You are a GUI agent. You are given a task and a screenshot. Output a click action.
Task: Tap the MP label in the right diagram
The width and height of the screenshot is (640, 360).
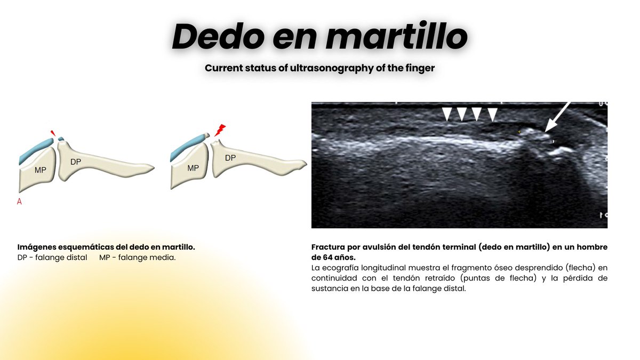193,167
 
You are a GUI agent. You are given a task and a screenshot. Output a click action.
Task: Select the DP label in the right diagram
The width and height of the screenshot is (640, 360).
230,158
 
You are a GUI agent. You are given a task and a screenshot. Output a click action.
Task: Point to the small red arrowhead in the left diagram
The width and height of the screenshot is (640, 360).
52,132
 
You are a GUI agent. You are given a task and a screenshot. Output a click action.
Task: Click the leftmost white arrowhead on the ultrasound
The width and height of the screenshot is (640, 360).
447,114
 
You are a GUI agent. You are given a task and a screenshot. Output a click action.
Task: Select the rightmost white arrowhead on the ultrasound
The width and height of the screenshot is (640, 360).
493,114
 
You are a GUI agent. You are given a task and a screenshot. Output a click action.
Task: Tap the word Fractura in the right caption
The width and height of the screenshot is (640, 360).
328,247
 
